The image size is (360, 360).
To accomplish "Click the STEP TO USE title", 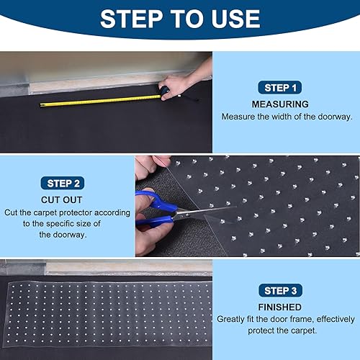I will (179, 19).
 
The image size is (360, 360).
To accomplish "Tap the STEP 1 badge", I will (278, 88).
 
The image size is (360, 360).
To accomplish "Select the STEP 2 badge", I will (66, 183).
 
